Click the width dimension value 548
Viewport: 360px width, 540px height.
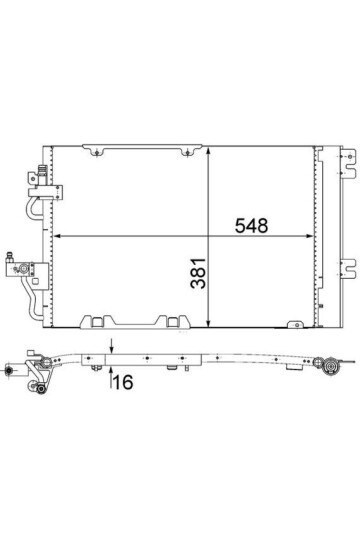pos(251,226)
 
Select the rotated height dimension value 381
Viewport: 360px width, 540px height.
pos(198,273)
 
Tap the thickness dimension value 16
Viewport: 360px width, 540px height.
pos(123,382)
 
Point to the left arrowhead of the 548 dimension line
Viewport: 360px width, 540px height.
pos(58,236)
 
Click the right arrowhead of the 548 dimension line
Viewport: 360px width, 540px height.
pos(309,236)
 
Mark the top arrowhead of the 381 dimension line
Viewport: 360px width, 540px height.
pos(208,152)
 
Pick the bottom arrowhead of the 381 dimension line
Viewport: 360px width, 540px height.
pos(208,323)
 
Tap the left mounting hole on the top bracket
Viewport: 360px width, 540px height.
pos(97,153)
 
